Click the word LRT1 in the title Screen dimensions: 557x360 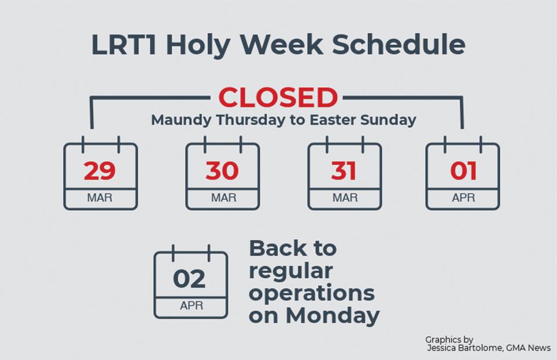click(x=124, y=45)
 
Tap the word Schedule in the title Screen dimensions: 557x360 click(x=399, y=45)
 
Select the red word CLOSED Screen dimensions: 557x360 click(x=278, y=98)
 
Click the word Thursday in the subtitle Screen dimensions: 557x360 click(x=251, y=120)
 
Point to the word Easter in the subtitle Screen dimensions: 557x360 click(x=332, y=120)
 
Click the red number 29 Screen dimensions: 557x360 click(x=100, y=171)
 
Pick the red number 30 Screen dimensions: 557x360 click(x=222, y=171)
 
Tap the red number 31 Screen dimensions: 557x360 click(x=343, y=171)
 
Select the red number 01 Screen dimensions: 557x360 click(x=463, y=171)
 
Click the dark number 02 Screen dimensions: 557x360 click(x=189, y=279)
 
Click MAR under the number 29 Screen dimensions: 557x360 click(x=100, y=197)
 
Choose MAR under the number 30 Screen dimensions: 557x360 click(x=224, y=197)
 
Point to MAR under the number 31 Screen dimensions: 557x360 click(x=345, y=197)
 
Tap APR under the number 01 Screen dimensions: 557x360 click(x=464, y=197)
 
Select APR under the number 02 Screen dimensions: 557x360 click(x=191, y=305)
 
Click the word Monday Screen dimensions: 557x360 click(x=332, y=316)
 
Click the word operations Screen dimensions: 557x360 click(x=312, y=294)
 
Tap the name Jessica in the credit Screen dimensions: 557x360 click(x=442, y=348)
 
